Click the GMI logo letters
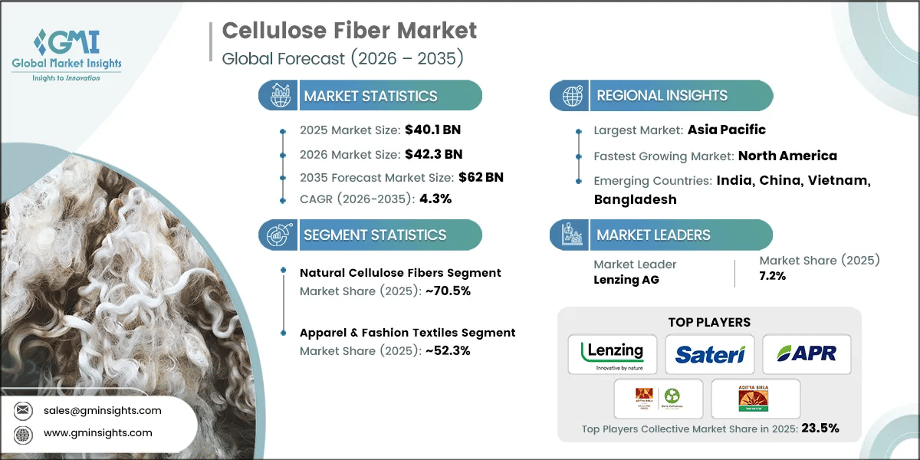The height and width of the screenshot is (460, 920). tap(74, 43)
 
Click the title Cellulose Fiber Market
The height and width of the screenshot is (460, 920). tap(349, 31)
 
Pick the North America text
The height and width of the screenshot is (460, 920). tap(787, 156)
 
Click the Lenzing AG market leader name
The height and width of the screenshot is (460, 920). tap(627, 280)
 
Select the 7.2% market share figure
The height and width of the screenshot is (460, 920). tap(772, 276)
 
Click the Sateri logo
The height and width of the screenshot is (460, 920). tap(709, 353)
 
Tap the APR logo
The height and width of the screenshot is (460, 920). tap(806, 353)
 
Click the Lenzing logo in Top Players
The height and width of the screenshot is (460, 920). tap(612, 353)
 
